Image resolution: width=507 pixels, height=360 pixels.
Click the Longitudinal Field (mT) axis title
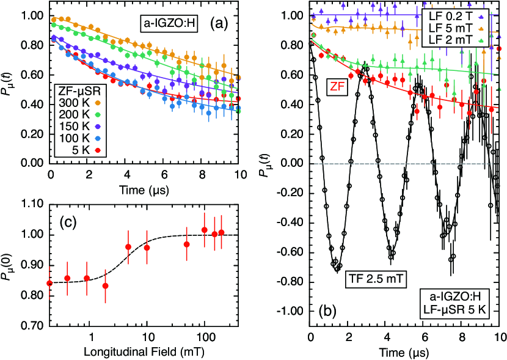click(145, 353)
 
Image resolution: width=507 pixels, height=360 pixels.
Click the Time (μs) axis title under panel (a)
click(145, 188)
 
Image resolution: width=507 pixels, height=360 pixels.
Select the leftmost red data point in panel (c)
click(49, 283)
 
